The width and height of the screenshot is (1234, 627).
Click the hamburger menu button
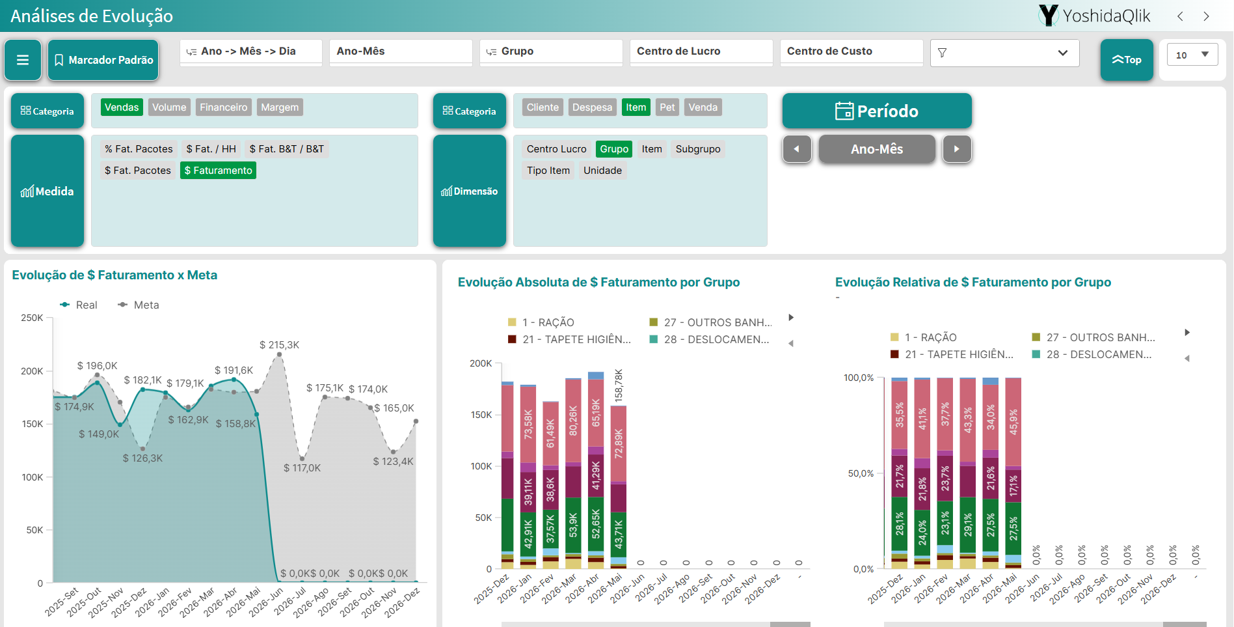point(23,60)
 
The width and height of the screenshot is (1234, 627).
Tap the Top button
point(1127,60)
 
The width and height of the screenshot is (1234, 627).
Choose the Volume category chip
point(169,107)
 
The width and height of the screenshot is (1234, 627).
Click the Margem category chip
point(280,107)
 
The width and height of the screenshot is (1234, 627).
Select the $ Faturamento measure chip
point(218,171)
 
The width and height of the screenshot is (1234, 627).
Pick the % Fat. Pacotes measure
point(139,149)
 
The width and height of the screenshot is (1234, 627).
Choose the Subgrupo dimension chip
point(698,149)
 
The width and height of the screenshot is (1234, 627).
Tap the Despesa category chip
point(592,107)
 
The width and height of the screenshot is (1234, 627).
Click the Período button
point(877,111)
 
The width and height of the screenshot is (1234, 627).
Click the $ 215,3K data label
point(279,345)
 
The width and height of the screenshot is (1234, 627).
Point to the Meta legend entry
point(139,305)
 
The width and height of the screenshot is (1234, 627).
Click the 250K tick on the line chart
point(32,318)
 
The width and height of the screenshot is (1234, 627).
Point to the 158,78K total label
point(619,385)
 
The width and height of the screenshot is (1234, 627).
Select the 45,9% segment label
point(1013,422)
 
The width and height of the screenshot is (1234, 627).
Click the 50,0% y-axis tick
point(861,473)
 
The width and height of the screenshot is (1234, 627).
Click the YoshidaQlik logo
point(1095,16)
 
